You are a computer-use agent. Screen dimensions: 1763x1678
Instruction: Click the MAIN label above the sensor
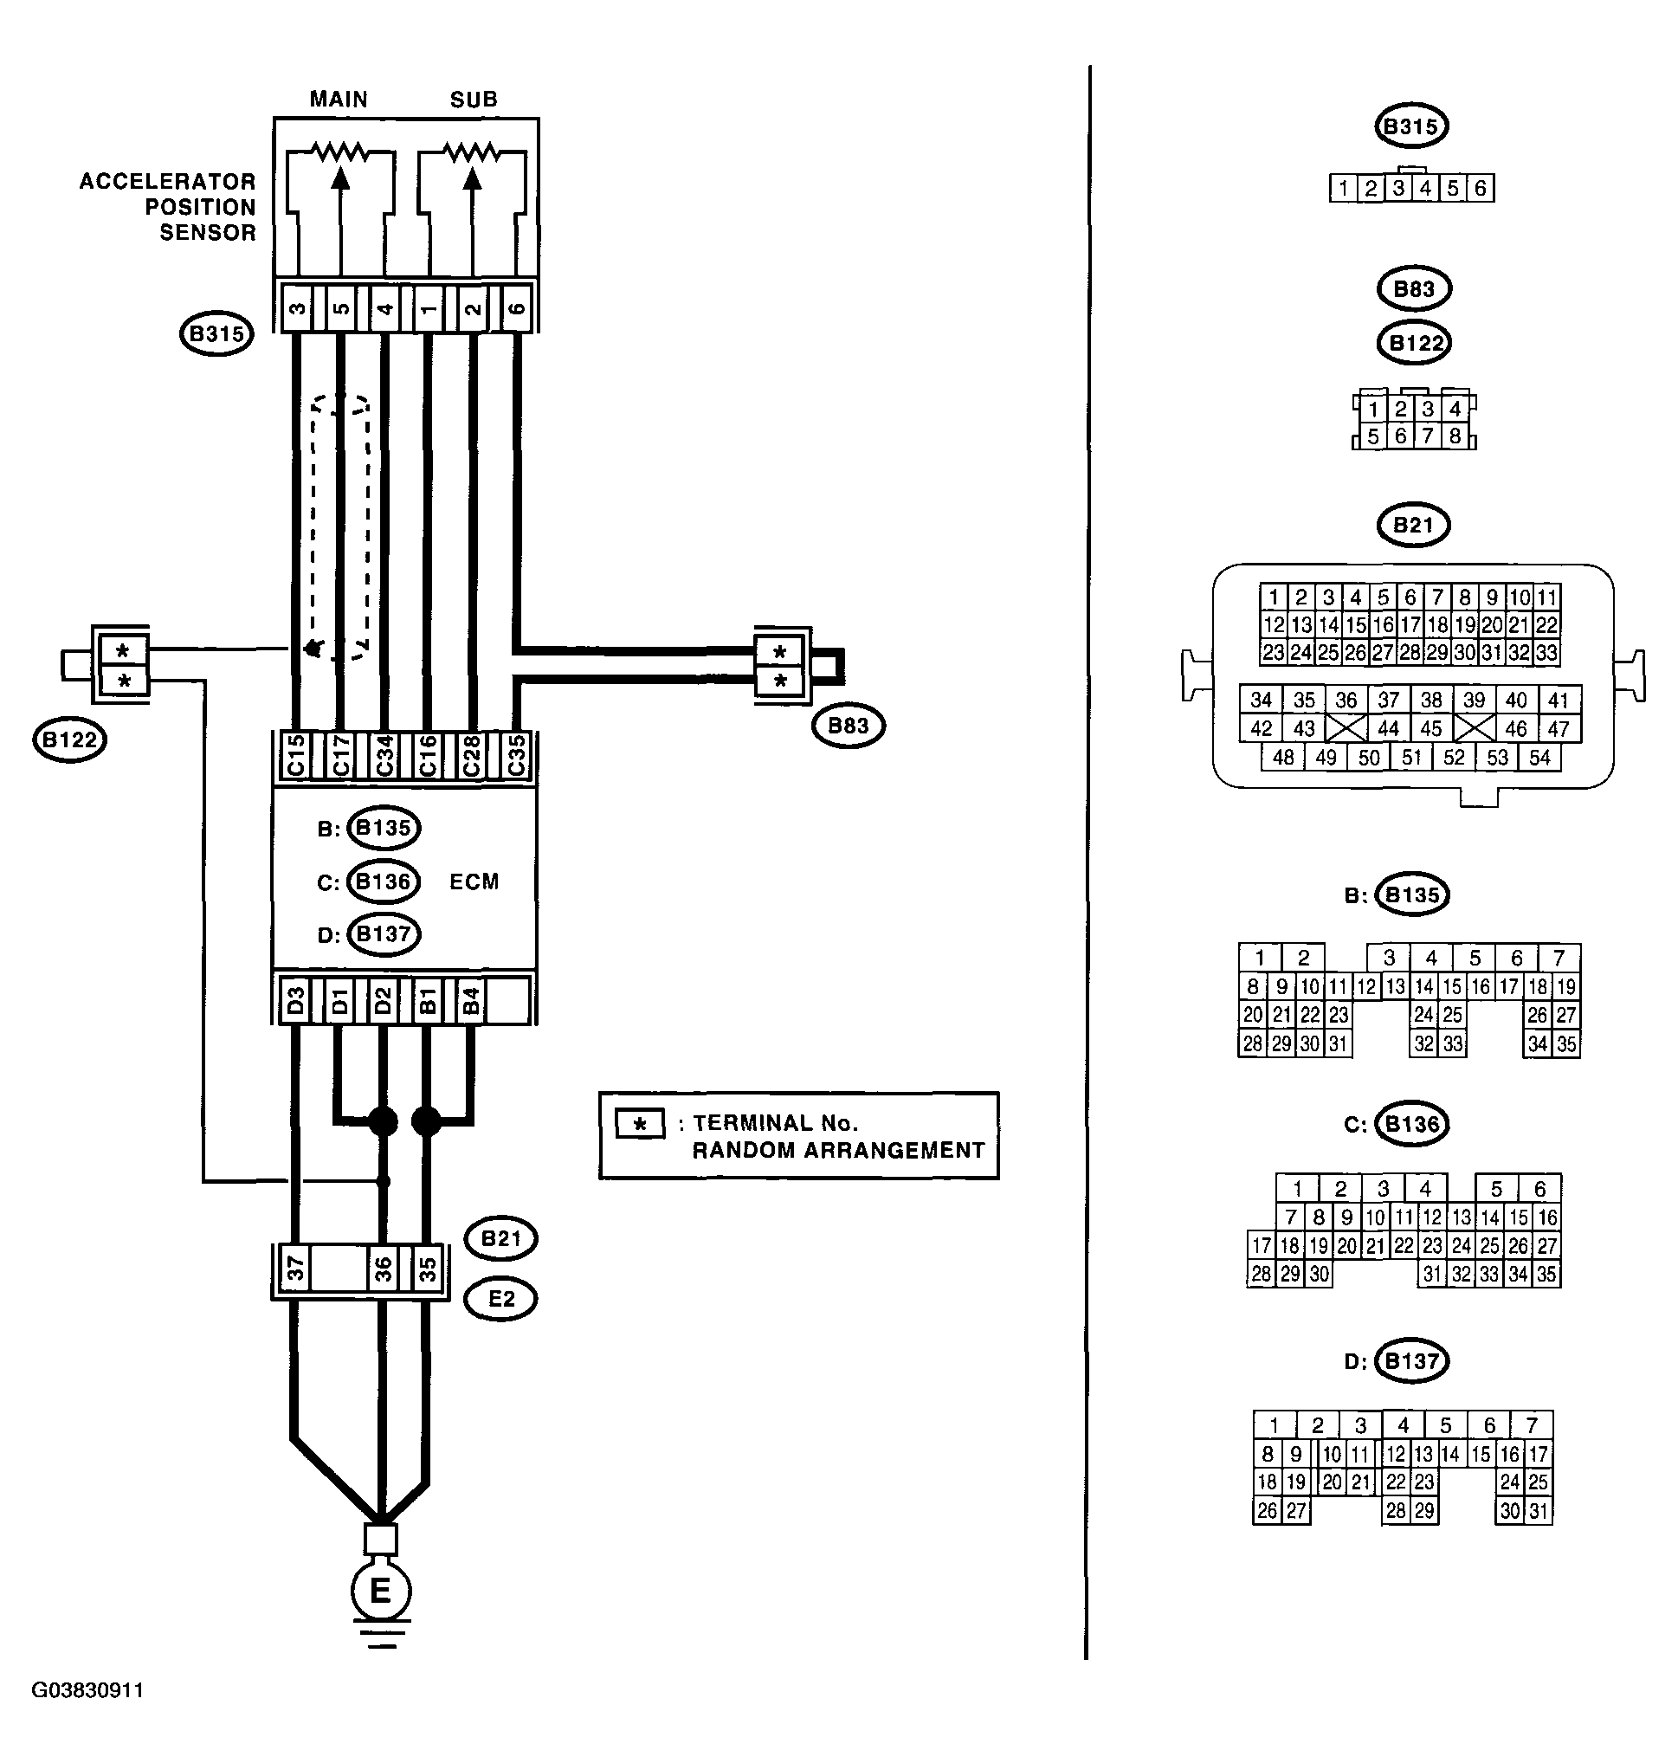(x=338, y=100)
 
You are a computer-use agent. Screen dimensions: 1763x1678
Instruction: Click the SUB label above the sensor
(x=473, y=100)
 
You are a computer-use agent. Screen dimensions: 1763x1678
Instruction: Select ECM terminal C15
(x=296, y=757)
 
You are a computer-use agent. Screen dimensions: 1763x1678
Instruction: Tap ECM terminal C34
(x=384, y=757)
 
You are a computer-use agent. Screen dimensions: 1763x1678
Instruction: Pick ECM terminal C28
(x=471, y=757)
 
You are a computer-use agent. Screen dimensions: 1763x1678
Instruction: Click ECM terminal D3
(x=296, y=1000)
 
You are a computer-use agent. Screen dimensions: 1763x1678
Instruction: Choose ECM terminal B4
(x=471, y=1000)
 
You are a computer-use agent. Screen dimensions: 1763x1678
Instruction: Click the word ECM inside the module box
(x=474, y=882)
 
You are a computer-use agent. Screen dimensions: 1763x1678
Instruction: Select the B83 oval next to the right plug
(x=848, y=726)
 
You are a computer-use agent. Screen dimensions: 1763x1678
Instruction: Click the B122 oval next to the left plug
(x=70, y=739)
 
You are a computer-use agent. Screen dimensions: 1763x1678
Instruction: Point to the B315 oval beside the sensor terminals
(x=216, y=334)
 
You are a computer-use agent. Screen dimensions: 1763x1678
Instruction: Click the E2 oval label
(x=501, y=1299)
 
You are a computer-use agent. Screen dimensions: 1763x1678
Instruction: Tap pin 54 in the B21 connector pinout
(x=1539, y=758)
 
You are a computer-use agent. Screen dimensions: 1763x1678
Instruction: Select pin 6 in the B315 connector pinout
(x=1481, y=188)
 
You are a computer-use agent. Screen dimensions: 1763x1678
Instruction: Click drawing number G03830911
(x=87, y=1690)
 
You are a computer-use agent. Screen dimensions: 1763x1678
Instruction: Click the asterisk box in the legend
(x=640, y=1124)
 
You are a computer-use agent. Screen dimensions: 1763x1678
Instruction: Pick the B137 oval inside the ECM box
(x=383, y=934)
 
